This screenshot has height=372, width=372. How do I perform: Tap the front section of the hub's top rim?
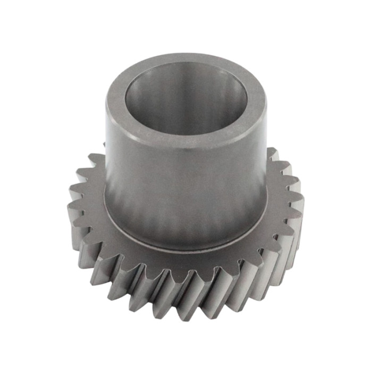[x=183, y=139]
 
